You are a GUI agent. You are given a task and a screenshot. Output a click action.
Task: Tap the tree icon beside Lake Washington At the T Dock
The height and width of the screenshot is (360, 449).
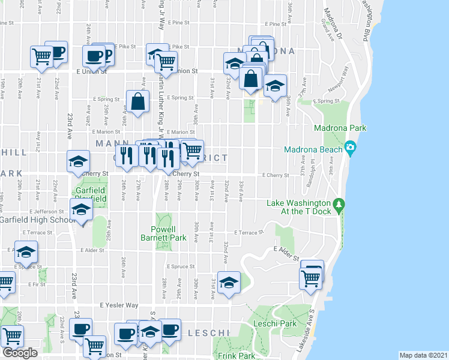339,206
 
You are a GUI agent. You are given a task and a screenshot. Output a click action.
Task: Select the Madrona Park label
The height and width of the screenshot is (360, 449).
340,128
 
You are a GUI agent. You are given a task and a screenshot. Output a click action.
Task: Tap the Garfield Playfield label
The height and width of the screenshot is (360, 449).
91,194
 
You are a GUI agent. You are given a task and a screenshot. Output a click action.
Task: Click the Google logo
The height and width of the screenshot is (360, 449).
20,353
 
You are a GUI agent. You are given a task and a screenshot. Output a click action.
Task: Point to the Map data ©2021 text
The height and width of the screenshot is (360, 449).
423,355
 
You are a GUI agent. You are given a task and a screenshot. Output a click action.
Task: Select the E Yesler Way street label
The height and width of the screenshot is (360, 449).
119,305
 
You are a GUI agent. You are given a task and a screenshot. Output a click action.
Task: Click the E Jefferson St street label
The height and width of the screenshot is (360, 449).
46,212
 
